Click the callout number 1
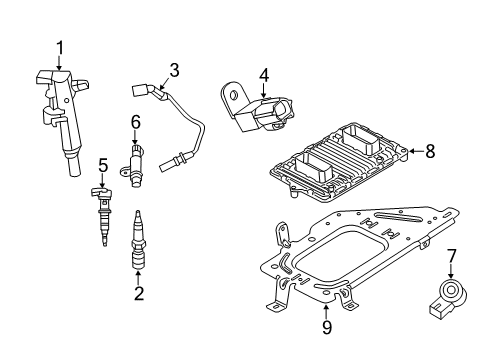tap(59, 47)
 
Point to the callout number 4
tap(264, 74)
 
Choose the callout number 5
tap(102, 164)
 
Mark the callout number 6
tap(135, 121)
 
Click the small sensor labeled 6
tap(135, 162)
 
